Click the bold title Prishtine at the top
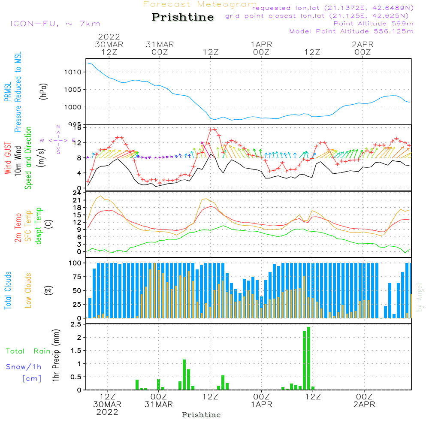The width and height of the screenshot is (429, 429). [183, 18]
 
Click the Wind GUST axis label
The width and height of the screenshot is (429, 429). [8, 157]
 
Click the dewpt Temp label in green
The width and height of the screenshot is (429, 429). [39, 226]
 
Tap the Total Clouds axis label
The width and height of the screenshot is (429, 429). [8, 290]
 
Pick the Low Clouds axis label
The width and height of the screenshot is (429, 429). [29, 290]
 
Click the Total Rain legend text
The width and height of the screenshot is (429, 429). [28, 351]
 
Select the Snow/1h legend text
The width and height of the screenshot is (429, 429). [24, 367]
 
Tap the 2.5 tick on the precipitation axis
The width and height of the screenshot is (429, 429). [76, 325]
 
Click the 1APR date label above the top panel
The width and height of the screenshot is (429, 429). [261, 45]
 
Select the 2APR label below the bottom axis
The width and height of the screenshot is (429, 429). [364, 405]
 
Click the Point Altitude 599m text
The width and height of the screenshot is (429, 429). [373, 24]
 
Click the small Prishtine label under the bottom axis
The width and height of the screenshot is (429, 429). [201, 415]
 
